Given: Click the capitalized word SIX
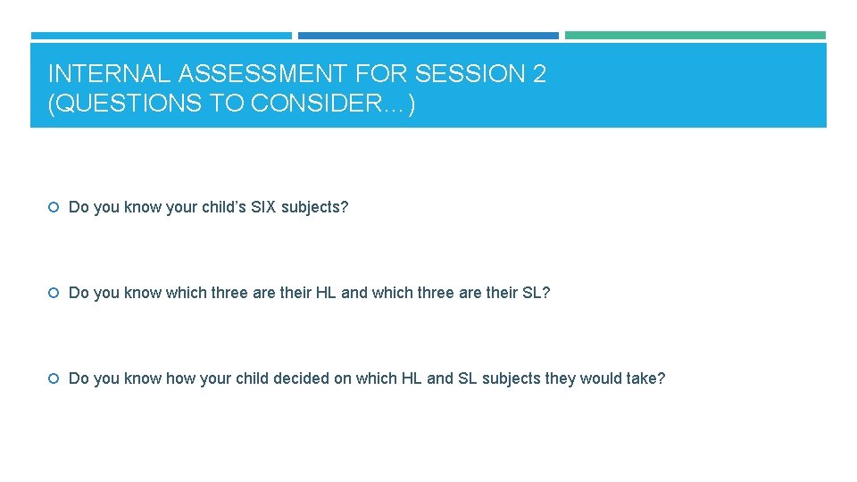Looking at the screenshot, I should (262, 207).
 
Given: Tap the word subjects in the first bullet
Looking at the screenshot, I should (314, 207).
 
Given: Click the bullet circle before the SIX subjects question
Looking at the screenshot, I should (54, 208).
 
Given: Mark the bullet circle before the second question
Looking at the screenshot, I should (54, 294).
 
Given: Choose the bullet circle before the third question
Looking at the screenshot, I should (54, 379).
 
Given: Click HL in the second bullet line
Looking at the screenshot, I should (326, 293).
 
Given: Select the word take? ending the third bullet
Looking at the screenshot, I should (645, 378).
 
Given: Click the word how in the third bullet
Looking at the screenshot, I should (180, 378).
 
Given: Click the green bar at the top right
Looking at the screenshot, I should (695, 36).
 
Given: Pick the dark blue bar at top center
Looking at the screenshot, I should (428, 36).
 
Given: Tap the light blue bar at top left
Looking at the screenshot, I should (161, 36).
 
